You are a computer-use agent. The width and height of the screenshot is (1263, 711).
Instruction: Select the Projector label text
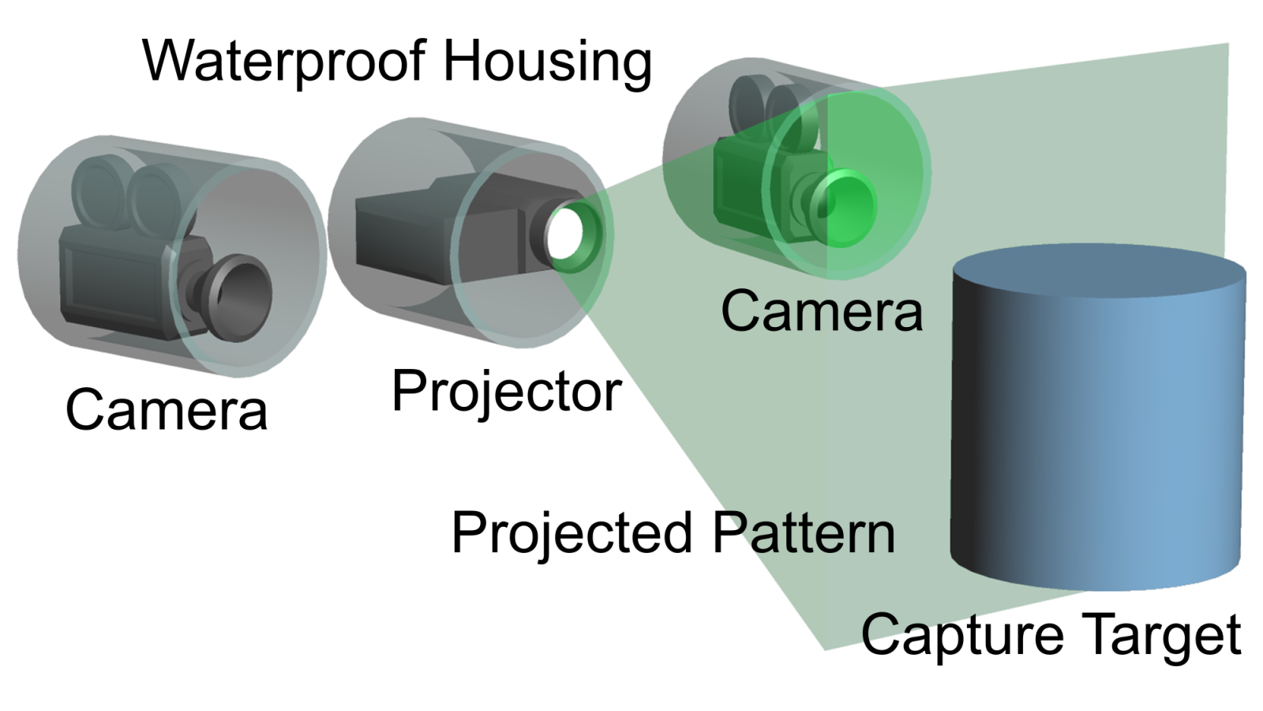[506, 391]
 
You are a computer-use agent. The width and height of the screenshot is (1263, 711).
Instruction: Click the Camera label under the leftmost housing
[167, 410]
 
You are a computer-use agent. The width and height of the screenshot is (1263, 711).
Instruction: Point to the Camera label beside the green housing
[821, 311]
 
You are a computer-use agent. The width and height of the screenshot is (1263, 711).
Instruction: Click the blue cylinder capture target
[1097, 442]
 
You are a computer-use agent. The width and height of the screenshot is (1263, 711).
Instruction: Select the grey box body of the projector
[403, 233]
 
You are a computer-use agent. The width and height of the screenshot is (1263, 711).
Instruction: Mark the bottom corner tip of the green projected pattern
[825, 649]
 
